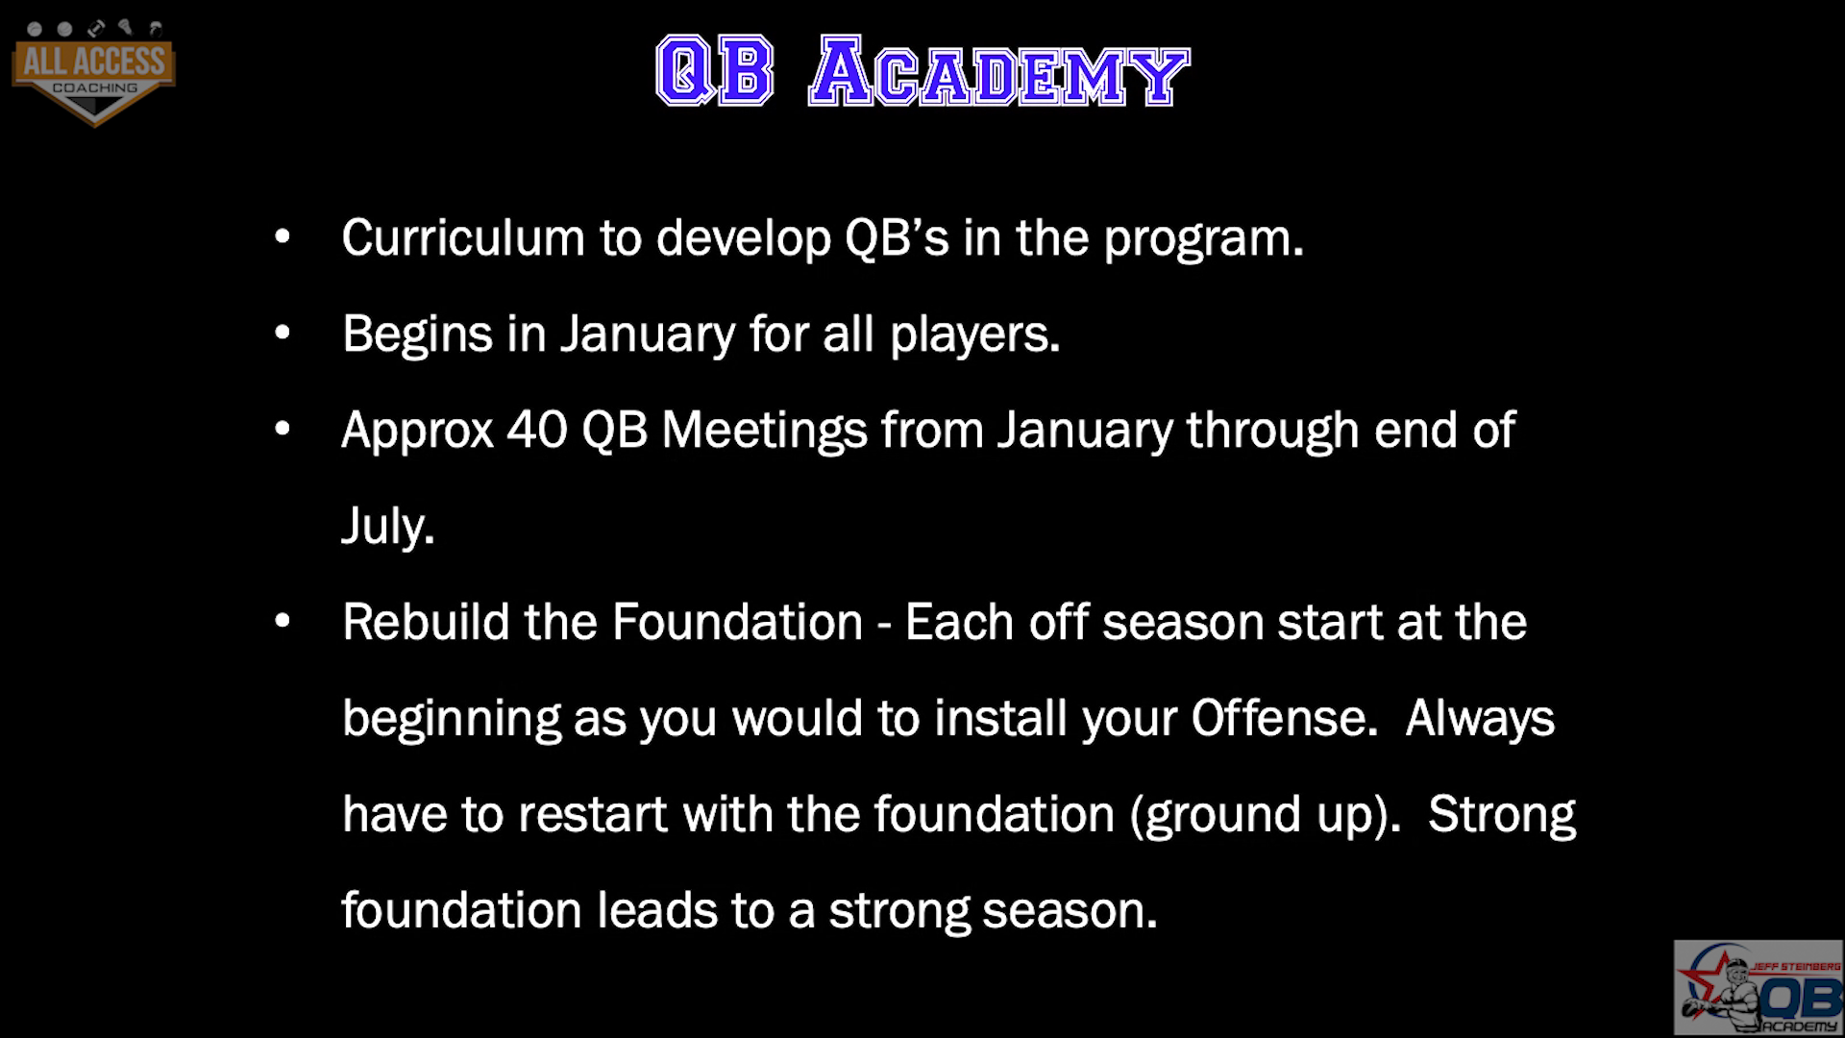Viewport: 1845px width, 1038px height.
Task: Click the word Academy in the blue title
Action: click(999, 72)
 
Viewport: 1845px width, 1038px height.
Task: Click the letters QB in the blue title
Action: click(715, 71)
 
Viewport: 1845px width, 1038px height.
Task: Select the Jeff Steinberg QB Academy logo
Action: click(1758, 987)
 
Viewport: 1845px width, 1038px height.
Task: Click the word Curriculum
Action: click(463, 237)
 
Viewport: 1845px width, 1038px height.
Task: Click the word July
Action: click(388, 528)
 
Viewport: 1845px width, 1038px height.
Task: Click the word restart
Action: click(593, 815)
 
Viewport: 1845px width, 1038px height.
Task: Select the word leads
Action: click(657, 910)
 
